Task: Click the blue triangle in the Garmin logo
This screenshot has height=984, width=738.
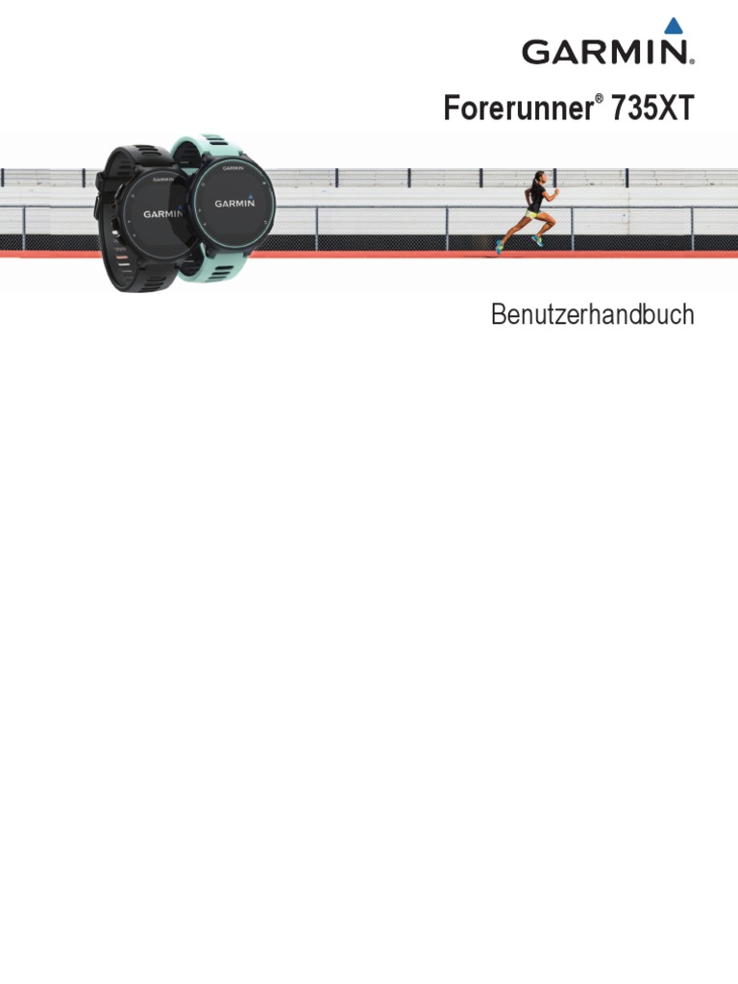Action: click(675, 26)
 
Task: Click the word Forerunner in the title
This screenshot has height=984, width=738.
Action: click(517, 109)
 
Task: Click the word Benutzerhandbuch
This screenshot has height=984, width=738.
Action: click(592, 315)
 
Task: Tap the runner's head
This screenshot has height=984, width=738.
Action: click(538, 178)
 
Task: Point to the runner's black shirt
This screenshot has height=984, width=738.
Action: click(535, 196)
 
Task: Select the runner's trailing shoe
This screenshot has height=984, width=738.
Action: click(500, 247)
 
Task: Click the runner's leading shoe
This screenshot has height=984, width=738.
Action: click(538, 242)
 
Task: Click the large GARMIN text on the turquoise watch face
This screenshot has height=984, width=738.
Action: click(234, 203)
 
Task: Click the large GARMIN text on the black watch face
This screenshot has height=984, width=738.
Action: click(162, 214)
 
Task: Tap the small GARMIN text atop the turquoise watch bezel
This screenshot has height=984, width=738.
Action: click(234, 168)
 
